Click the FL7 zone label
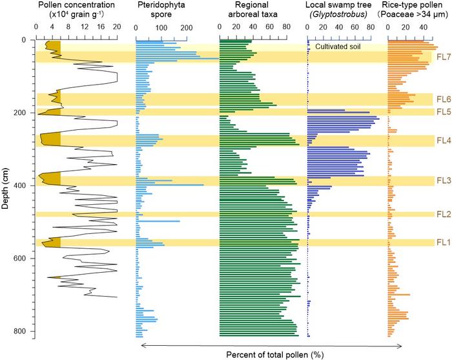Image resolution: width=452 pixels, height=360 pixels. tap(442, 57)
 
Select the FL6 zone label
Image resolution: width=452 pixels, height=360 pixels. tap(442, 100)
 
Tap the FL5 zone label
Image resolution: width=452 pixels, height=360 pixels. tap(442, 112)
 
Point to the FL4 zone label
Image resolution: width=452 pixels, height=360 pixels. tap(442, 140)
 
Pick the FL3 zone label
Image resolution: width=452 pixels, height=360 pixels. tap(442, 181)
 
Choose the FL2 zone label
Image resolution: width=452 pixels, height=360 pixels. tap(442, 215)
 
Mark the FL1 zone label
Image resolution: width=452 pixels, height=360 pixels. tap(442, 243)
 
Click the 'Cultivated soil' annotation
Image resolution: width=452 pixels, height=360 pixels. tap(342, 47)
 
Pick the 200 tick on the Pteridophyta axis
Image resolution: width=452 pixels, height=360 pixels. tap(185, 28)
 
